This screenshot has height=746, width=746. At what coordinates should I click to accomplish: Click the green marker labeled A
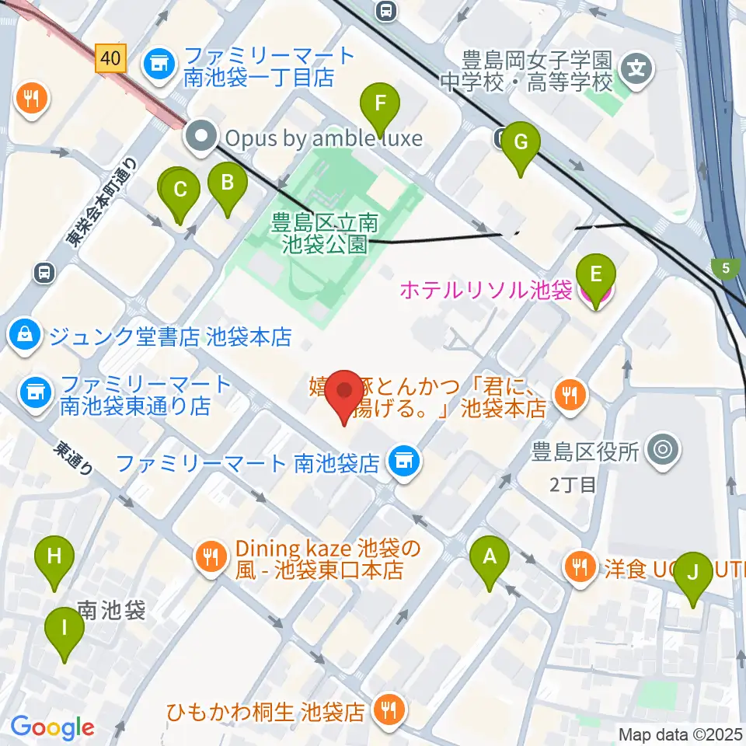[490, 557]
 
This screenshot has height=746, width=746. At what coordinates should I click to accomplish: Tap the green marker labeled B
[228, 184]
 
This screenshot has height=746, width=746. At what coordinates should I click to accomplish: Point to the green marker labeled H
[54, 557]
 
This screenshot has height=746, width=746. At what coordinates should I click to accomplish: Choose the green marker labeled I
[64, 627]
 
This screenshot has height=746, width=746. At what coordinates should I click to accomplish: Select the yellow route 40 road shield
[111, 58]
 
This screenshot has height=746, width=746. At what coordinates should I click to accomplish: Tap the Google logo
[52, 727]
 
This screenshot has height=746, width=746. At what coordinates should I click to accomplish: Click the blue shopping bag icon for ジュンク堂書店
[26, 335]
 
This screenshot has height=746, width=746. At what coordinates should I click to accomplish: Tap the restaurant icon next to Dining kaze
[210, 556]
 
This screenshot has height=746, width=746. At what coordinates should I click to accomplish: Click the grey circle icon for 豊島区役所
[663, 449]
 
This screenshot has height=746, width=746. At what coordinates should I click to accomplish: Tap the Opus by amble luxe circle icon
[202, 138]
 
